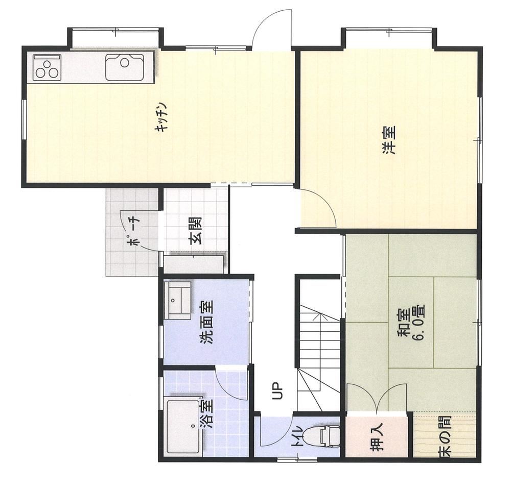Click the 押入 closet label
tap(378, 438)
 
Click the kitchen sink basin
tap(124, 68)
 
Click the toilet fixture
tap(329, 435)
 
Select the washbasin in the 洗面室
tap(178, 300)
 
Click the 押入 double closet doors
tap(377, 398)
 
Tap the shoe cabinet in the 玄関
tap(194, 264)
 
